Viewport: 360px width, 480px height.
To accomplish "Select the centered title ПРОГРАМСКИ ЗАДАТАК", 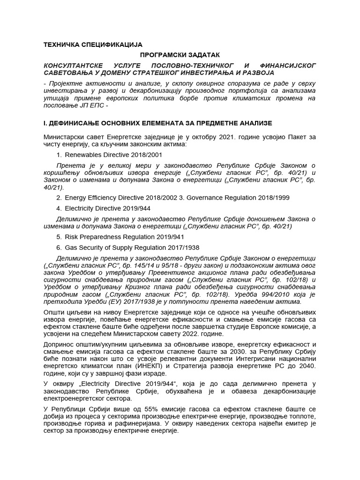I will (x=180, y=55).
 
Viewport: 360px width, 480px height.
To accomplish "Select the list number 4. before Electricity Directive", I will (x=59, y=208).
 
